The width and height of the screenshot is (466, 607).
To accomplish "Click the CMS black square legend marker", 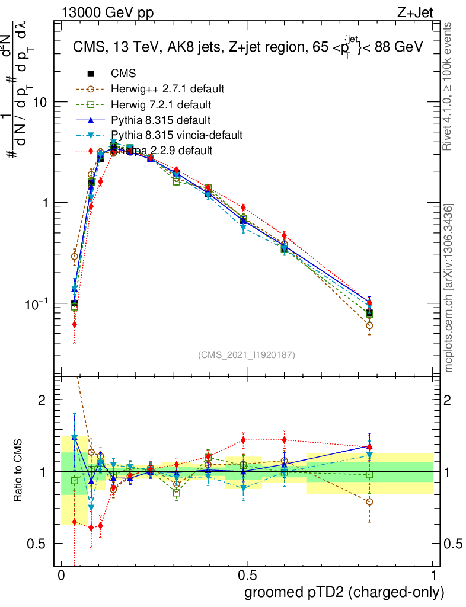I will tap(91, 74).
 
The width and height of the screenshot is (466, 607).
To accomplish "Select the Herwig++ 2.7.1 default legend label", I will tap(167, 90).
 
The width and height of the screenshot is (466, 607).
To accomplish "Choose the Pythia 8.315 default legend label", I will tap(160, 120).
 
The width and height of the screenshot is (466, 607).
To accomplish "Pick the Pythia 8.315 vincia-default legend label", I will tap(177, 135).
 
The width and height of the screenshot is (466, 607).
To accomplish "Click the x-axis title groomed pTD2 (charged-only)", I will tap(344, 592).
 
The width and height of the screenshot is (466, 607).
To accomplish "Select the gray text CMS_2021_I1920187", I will tap(247, 354).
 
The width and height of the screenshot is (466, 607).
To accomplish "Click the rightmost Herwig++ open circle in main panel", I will tap(369, 325).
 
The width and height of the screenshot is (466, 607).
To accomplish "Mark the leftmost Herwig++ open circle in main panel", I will tap(74, 256).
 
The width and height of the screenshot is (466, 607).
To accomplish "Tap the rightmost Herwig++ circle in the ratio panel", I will tap(369, 501).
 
